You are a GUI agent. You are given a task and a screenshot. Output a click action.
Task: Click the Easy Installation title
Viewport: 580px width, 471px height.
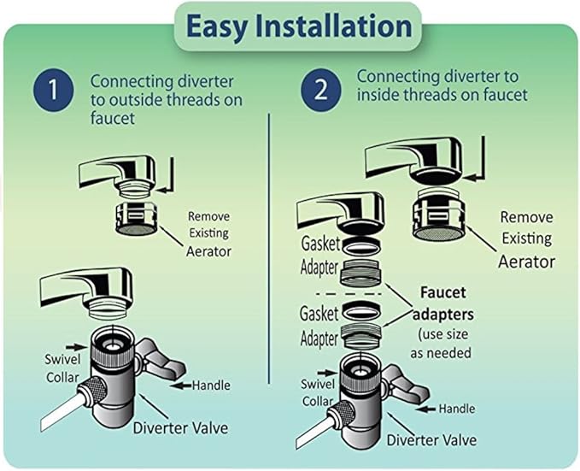pos(290,26)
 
